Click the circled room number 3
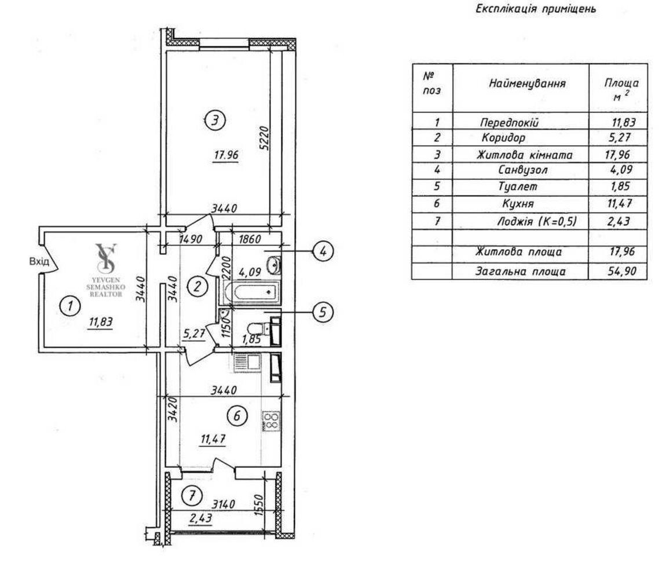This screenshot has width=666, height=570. (x=214, y=121)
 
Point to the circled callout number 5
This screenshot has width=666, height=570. (x=322, y=312)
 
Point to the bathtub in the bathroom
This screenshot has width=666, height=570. (x=251, y=293)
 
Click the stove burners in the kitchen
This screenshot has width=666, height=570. (x=270, y=419)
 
